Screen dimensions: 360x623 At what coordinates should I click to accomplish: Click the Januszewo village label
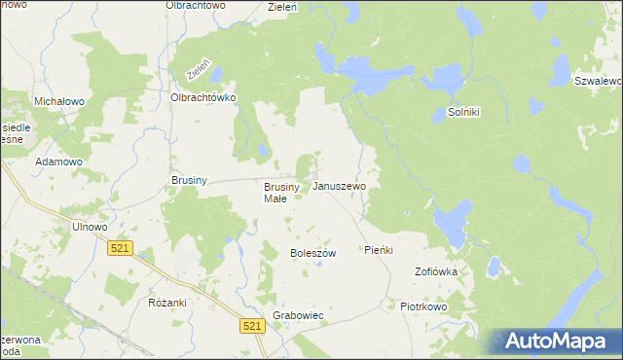pos(340,185)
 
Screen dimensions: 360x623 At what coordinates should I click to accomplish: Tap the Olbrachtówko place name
pos(204,98)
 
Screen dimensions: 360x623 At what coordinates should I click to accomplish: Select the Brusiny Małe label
pos(275,192)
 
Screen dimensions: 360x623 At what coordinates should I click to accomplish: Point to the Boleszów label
pos(312,253)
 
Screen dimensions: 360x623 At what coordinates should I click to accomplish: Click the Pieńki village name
pos(378,250)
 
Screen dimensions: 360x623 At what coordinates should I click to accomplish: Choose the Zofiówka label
pos(436,271)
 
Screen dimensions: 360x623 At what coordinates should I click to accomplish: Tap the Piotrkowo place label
pos(422,306)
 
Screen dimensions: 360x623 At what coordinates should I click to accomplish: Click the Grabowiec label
pos(298,317)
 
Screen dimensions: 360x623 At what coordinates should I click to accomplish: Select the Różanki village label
pos(167,303)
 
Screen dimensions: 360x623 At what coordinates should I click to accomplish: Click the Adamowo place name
pos(56,162)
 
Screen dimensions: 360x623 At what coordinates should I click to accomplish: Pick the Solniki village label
pos(464,113)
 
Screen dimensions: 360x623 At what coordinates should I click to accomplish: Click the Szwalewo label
pos(598,81)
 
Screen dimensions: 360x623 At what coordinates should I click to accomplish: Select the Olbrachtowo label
pos(196,6)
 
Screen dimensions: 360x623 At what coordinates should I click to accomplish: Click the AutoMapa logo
pos(558,342)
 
